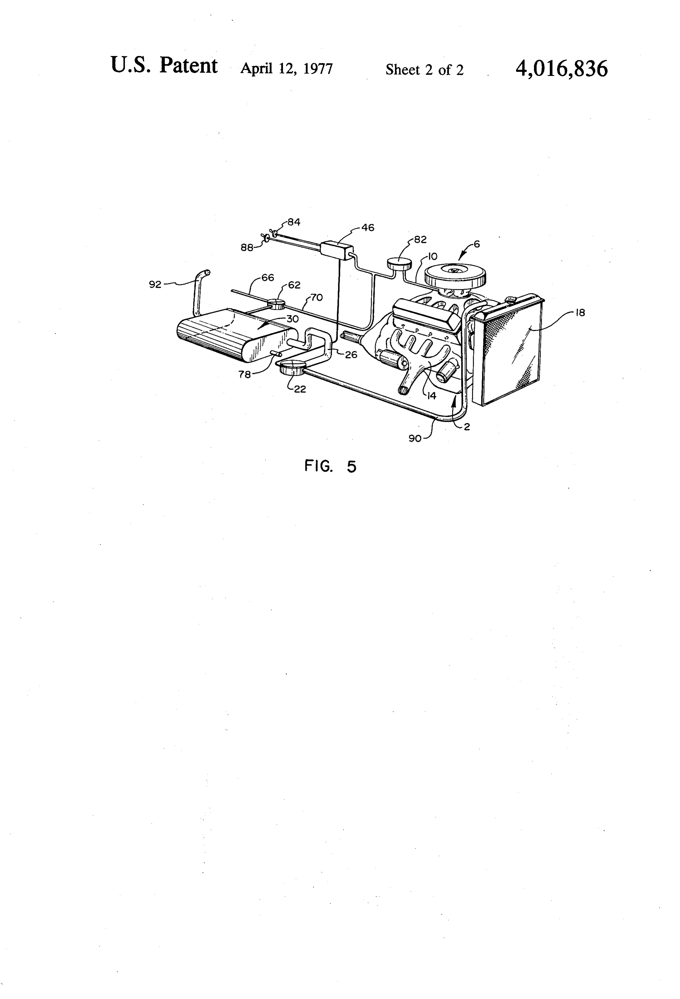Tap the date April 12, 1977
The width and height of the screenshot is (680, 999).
[x=286, y=69]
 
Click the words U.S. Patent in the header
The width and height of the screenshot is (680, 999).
[x=164, y=65]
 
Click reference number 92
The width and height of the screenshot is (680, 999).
[x=155, y=284]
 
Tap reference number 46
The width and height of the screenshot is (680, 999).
[x=368, y=228]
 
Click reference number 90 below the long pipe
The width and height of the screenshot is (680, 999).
[x=415, y=439]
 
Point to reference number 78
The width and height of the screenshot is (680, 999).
[x=244, y=374]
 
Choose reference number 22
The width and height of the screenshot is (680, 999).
[x=300, y=389]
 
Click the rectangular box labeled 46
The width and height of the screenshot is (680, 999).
[x=337, y=250]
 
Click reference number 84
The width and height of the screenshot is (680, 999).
[x=294, y=222]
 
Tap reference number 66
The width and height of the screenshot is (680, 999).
[x=268, y=278]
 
